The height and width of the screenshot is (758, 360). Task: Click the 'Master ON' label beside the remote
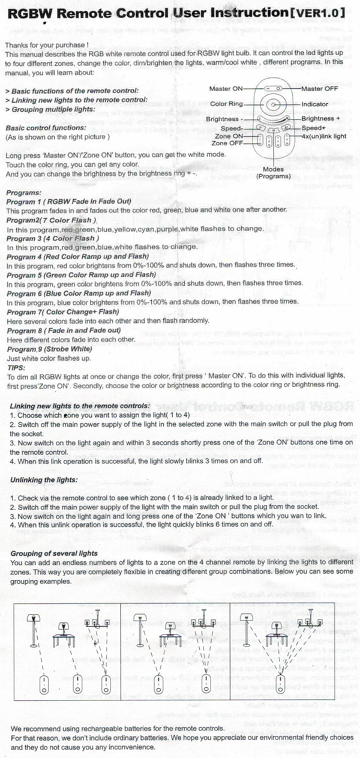pyautogui.click(x=226, y=89)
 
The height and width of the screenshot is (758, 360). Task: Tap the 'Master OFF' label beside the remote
pyautogui.click(x=322, y=89)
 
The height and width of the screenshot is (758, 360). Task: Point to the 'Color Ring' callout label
pyautogui.click(x=226, y=104)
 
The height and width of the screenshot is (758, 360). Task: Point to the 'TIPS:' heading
pyautogui.click(x=15, y=366)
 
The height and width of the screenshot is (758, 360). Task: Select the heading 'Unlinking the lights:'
pyautogui.click(x=44, y=480)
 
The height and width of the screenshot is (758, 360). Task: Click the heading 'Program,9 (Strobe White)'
pyautogui.click(x=49, y=349)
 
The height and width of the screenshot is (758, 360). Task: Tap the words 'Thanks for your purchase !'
pyautogui.click(x=47, y=44)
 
